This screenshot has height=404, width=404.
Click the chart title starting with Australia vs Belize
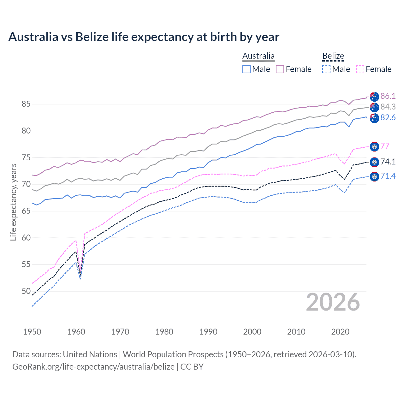click(x=144, y=37)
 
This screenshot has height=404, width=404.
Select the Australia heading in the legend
click(x=258, y=56)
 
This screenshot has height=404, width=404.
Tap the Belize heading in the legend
click(x=333, y=56)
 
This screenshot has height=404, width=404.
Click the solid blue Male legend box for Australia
click(x=247, y=69)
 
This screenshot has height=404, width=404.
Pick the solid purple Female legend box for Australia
click(x=280, y=69)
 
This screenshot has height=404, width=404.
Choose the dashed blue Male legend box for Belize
click(x=326, y=69)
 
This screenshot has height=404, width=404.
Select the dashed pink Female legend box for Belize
click(x=360, y=69)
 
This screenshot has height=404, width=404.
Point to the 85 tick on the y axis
click(x=26, y=104)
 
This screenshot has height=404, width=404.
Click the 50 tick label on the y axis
click(x=26, y=291)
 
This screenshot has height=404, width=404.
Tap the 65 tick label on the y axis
click(x=26, y=211)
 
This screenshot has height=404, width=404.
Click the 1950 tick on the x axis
click(x=32, y=332)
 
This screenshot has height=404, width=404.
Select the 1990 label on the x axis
click(x=208, y=332)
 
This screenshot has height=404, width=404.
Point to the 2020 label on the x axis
click(x=340, y=332)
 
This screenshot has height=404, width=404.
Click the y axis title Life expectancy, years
click(x=13, y=202)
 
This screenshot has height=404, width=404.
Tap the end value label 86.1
click(x=388, y=96)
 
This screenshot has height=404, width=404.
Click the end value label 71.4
click(x=388, y=176)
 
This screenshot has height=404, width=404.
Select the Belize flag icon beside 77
click(x=374, y=146)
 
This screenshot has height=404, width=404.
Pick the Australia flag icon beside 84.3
click(x=374, y=107)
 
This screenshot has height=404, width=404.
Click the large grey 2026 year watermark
click(x=333, y=302)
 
